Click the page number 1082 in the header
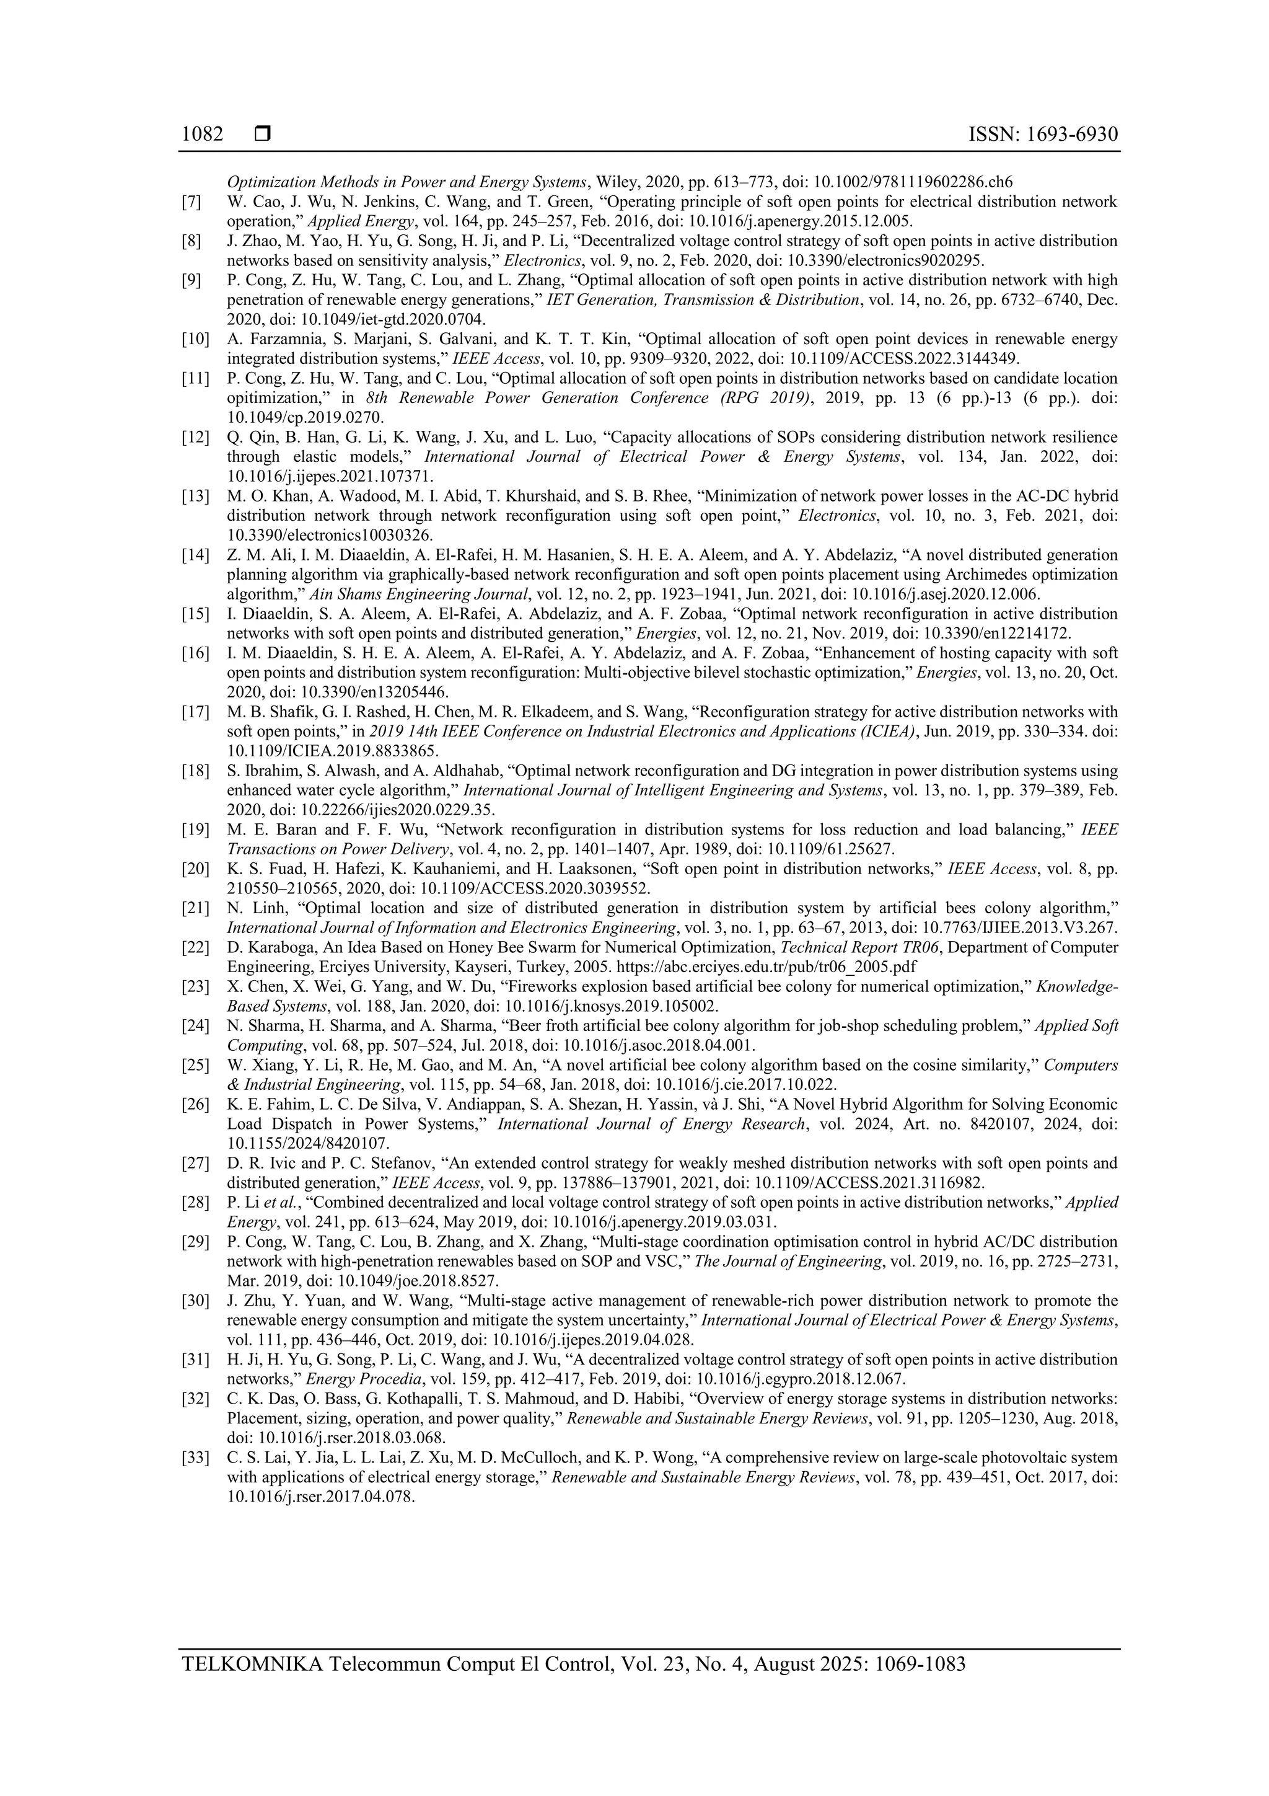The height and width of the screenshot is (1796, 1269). pos(202,135)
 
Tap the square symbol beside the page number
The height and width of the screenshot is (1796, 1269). pos(263,135)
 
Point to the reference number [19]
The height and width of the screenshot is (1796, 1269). pos(195,829)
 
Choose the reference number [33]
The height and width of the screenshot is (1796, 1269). pos(195,1458)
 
